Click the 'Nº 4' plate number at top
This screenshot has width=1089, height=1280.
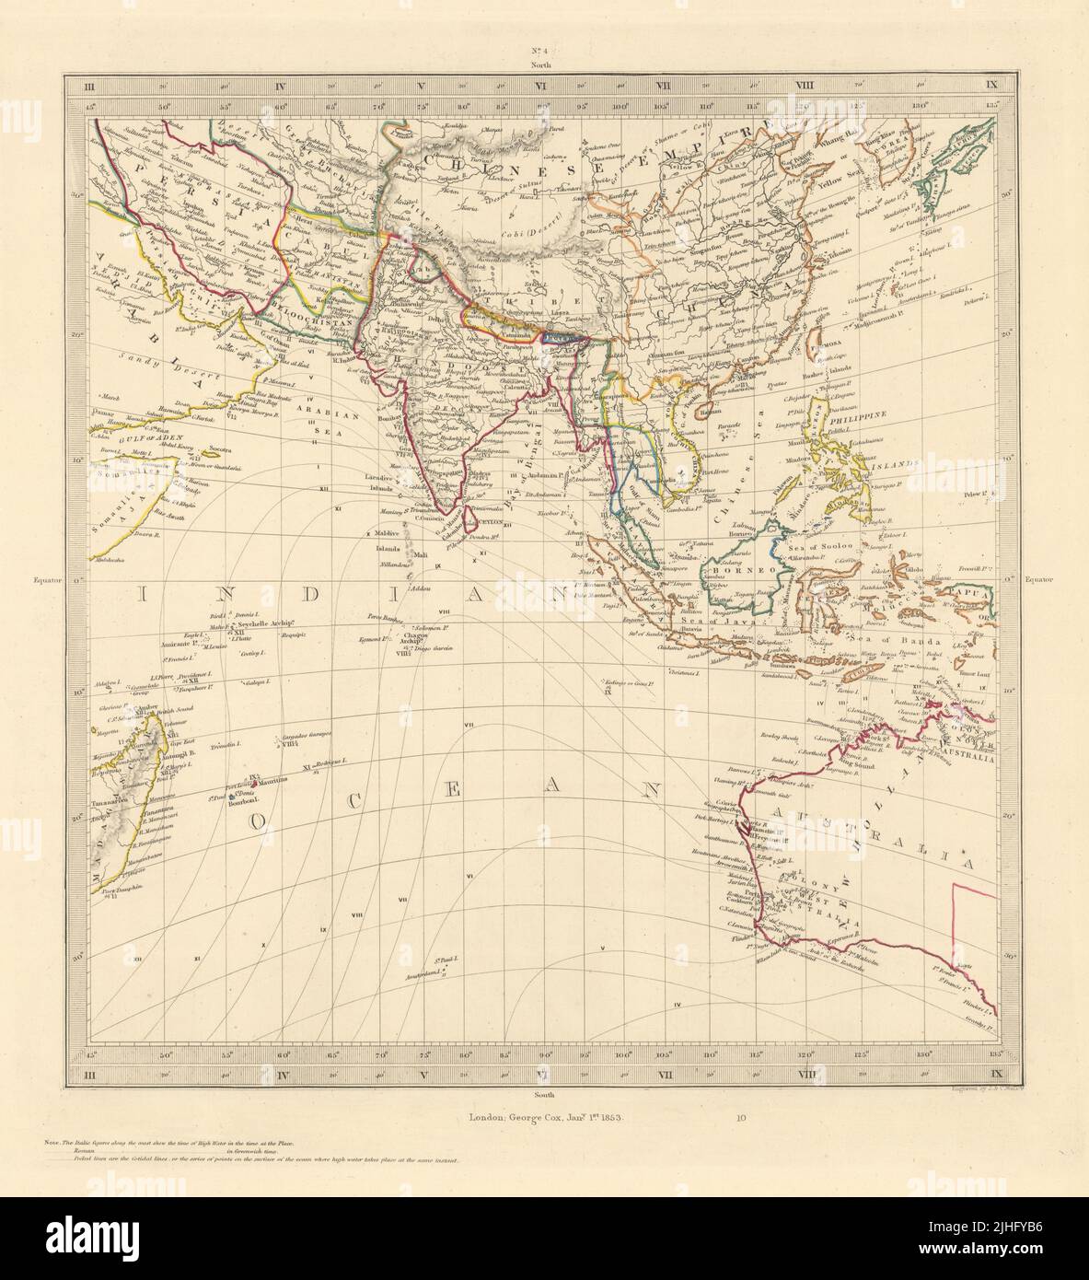544,52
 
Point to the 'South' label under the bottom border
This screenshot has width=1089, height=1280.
544,1096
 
